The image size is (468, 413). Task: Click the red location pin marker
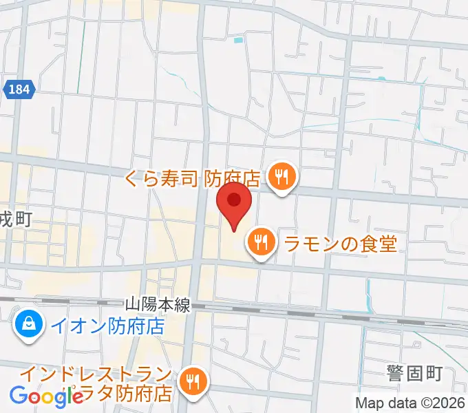(x=234, y=202)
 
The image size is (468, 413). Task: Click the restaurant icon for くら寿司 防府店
(x=281, y=178)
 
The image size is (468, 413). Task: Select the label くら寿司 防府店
(x=193, y=179)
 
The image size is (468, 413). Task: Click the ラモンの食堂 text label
(x=341, y=243)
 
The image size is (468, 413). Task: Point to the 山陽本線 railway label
(x=157, y=305)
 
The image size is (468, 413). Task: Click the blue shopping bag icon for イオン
(x=29, y=324)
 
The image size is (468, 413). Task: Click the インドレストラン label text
(x=96, y=375)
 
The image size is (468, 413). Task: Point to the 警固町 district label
(x=414, y=374)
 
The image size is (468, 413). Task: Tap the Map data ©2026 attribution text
(x=410, y=402)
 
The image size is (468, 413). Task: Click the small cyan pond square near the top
(x=238, y=41)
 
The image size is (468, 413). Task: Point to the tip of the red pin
(x=234, y=231)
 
